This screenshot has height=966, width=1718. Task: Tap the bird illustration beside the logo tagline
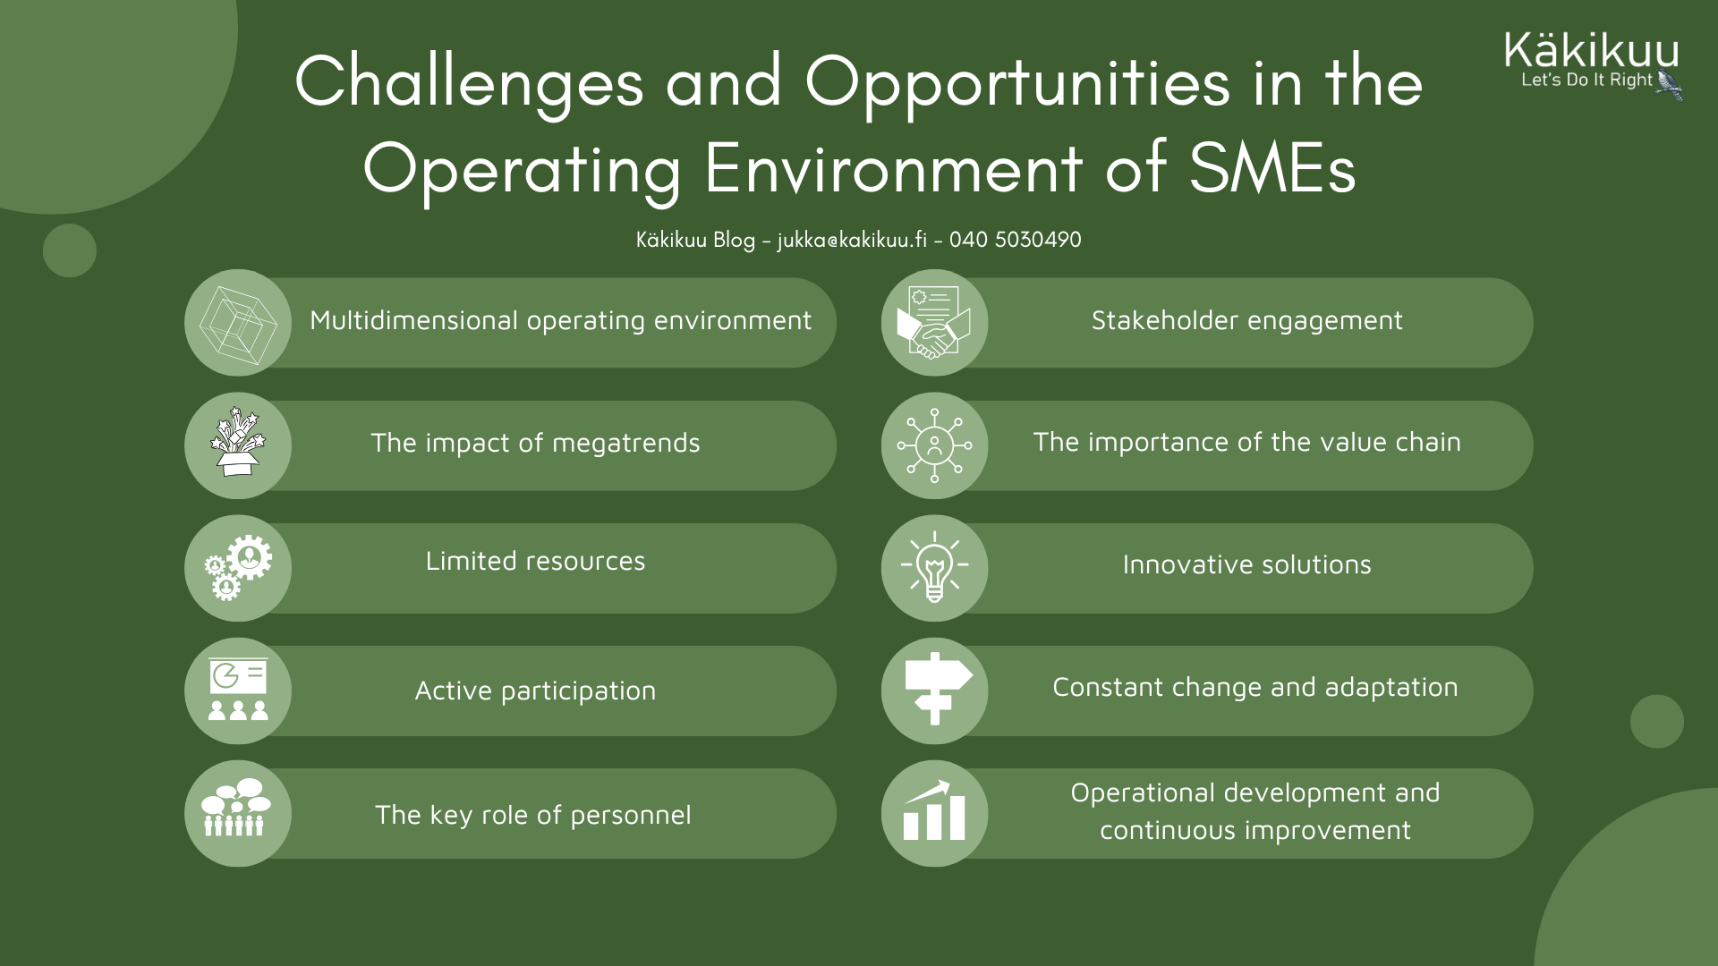pyautogui.click(x=1669, y=86)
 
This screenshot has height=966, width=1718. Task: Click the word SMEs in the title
pyautogui.click(x=1272, y=166)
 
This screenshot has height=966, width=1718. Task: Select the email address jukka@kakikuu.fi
pyautogui.click(x=852, y=240)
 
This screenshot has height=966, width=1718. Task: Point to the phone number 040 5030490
pyautogui.click(x=1016, y=240)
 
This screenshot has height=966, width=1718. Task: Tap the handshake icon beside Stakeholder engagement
pyautogui.click(x=934, y=323)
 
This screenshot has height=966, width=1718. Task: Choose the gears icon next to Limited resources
pyautogui.click(x=238, y=568)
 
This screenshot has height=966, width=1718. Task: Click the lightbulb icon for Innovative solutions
pyautogui.click(x=934, y=567)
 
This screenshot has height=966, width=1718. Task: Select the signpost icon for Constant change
pyautogui.click(x=937, y=689)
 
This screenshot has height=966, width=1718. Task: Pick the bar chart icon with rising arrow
pyautogui.click(x=934, y=811)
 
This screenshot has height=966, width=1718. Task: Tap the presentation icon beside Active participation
pyautogui.click(x=238, y=690)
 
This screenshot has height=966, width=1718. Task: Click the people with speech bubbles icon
pyautogui.click(x=236, y=808)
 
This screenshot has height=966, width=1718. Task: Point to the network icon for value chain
pyautogui.click(x=934, y=445)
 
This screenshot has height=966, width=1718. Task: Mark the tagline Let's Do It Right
pyautogui.click(x=1586, y=80)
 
